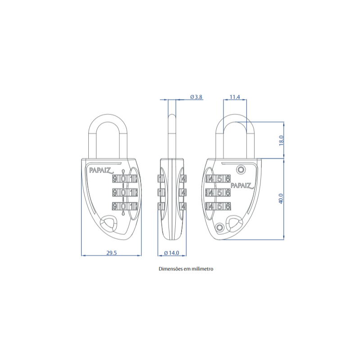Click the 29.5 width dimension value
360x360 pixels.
coord(112,253)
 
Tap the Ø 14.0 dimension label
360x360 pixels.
coord(172,253)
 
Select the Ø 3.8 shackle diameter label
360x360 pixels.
coord(196,97)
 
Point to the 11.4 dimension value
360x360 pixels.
coord(235,97)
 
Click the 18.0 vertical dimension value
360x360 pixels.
coord(282,140)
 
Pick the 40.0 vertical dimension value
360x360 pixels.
coord(281,199)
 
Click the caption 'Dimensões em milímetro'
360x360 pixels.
coord(186,269)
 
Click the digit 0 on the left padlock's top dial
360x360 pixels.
coord(123,178)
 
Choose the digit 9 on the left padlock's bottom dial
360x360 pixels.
coord(115,206)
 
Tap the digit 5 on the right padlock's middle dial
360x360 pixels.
coord(220,192)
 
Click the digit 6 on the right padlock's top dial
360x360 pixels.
coord(228,178)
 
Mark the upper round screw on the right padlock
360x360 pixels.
coord(241,170)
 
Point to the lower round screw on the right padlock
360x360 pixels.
coord(220,227)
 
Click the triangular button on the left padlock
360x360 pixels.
coord(108,223)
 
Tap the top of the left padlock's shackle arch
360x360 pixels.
coord(108,114)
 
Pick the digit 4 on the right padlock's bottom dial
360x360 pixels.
coord(211,206)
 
